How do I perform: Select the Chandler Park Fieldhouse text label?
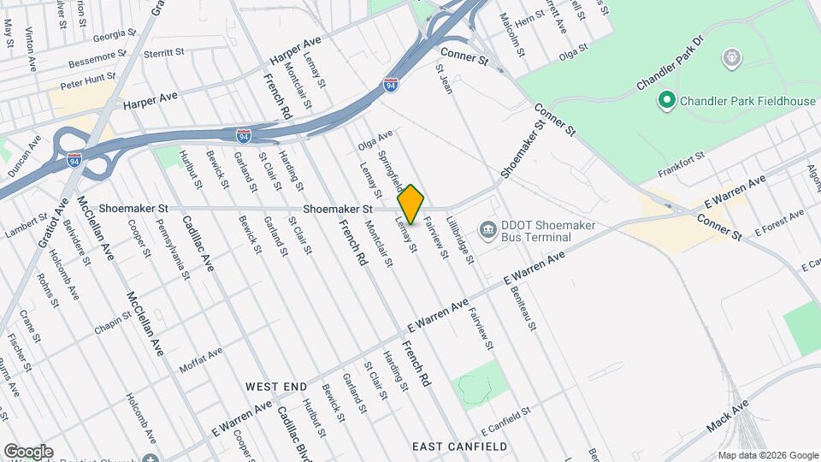tap(747, 101)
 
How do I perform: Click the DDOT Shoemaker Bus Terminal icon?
tap(487, 228)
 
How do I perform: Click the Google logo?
tap(28, 451)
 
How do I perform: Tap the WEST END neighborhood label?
tap(275, 387)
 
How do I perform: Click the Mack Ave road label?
tap(728, 416)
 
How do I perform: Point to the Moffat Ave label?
tap(200, 359)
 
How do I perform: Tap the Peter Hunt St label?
tap(87, 82)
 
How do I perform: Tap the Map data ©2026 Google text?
tap(767, 455)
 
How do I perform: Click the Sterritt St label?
tap(165, 53)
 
